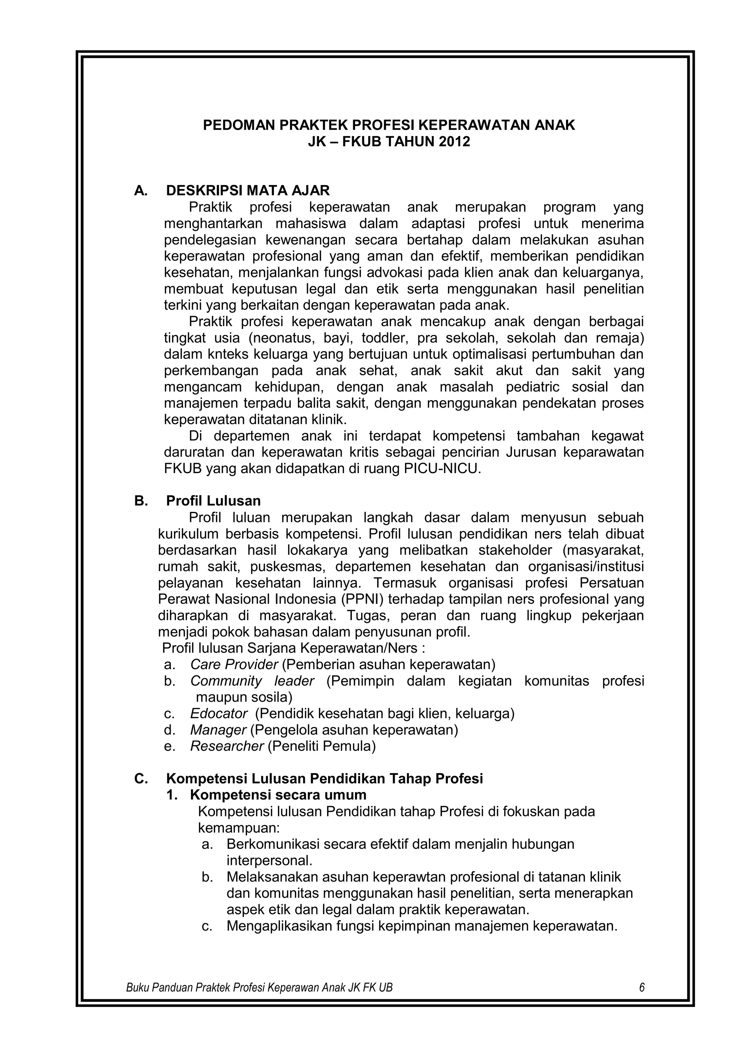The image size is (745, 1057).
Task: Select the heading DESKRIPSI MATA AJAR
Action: tap(248, 191)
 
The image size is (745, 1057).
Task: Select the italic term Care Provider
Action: tap(234, 664)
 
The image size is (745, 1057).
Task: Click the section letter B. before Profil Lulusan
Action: tap(141, 501)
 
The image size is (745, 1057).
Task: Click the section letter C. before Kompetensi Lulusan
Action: tap(141, 779)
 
